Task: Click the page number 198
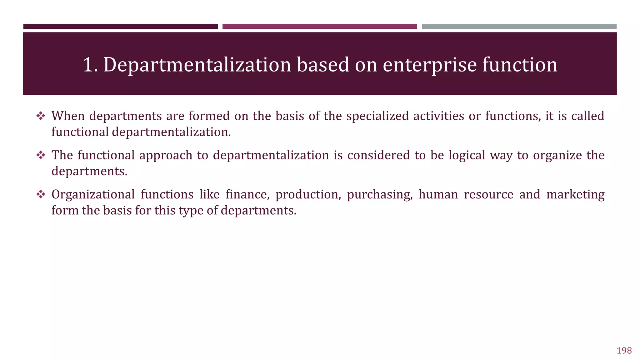(x=624, y=351)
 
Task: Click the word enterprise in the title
(x=430, y=65)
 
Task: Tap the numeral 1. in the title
(x=90, y=65)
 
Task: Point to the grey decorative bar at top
(x=519, y=27)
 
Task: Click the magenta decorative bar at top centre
(x=319, y=27)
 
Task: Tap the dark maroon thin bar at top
(x=120, y=27)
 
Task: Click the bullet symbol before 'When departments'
(x=41, y=116)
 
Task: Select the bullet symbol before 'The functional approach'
(x=41, y=155)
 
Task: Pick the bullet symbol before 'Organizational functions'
(x=41, y=195)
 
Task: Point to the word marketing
(x=575, y=195)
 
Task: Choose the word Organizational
(x=93, y=195)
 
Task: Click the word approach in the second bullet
(x=166, y=155)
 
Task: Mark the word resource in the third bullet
(x=488, y=195)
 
